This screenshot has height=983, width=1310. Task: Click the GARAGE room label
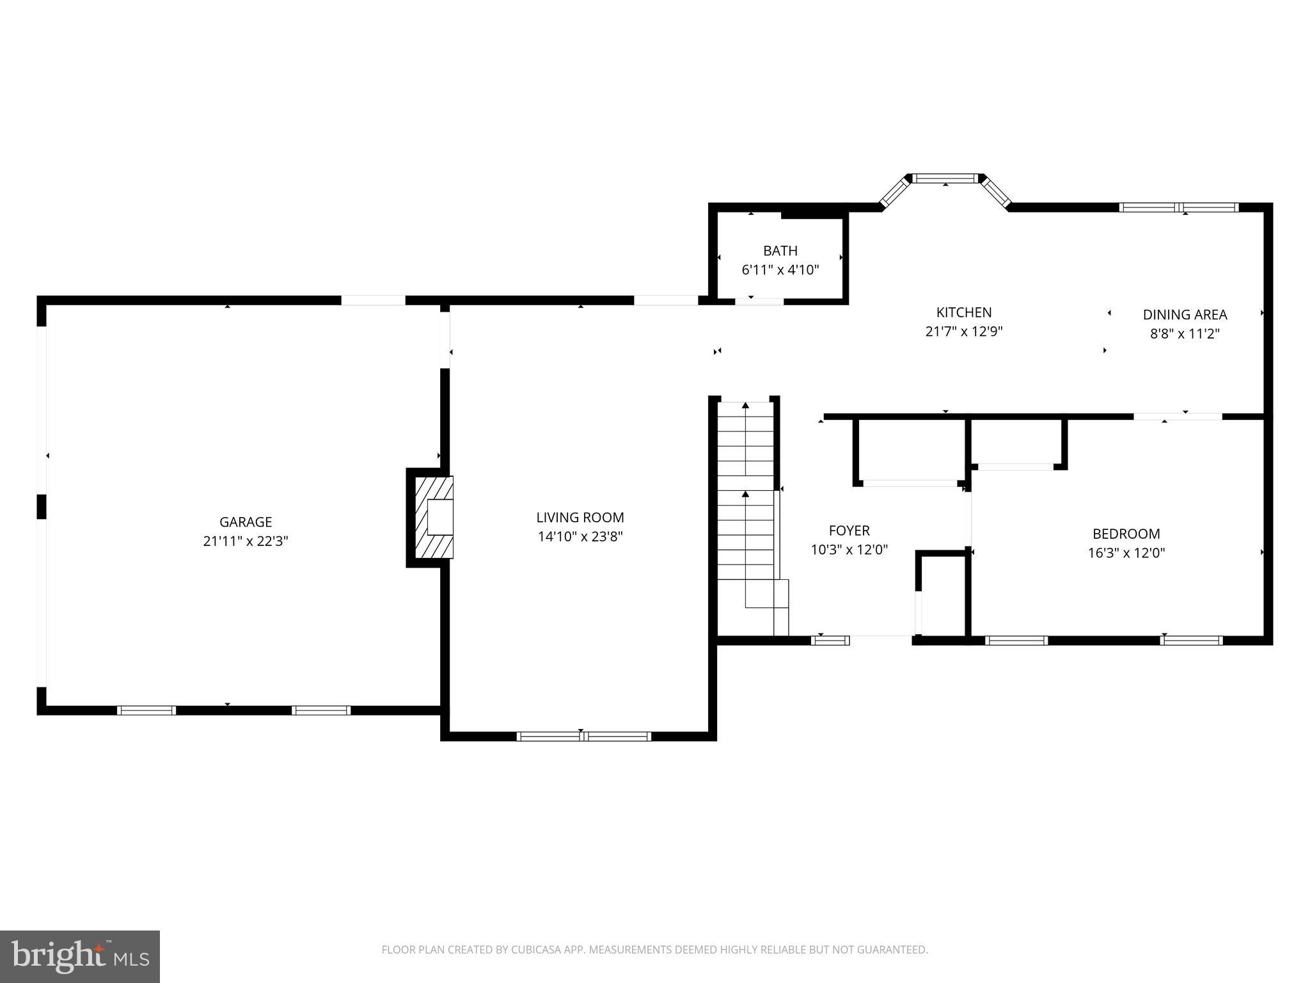(246, 522)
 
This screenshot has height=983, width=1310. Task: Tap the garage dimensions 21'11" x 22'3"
(246, 541)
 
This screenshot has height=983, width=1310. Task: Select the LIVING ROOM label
(580, 517)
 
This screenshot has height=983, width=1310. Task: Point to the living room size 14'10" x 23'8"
(580, 537)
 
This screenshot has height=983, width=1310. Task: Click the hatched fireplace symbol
(434, 517)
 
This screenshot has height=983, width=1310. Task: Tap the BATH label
(780, 251)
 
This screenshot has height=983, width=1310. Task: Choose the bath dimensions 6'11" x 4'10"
(780, 270)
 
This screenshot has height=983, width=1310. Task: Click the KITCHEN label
(963, 312)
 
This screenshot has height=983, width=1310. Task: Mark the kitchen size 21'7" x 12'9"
(963, 332)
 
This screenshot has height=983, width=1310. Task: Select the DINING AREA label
(1185, 314)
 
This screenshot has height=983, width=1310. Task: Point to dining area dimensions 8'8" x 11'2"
(1185, 333)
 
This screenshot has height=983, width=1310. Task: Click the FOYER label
(849, 531)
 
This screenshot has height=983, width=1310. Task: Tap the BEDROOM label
(1126, 534)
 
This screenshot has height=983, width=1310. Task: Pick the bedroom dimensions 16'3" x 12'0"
(1126, 553)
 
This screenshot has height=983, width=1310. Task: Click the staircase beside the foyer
(746, 512)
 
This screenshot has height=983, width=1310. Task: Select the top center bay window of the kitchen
(945, 179)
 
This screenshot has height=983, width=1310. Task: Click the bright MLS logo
(80, 956)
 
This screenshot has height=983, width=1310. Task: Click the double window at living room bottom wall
(583, 736)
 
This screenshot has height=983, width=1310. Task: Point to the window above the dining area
(1178, 207)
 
